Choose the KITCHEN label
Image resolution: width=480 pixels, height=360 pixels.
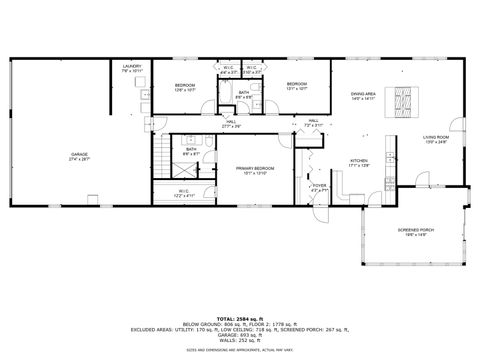click(359, 163)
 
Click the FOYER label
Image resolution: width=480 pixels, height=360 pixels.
click(319, 187)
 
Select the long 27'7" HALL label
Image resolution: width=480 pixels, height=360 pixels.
click(232, 125)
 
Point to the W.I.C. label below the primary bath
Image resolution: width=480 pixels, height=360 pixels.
click(184, 192)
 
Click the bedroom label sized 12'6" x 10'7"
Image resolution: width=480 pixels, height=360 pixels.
click(185, 87)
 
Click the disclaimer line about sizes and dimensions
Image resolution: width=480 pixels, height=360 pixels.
click(240, 351)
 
